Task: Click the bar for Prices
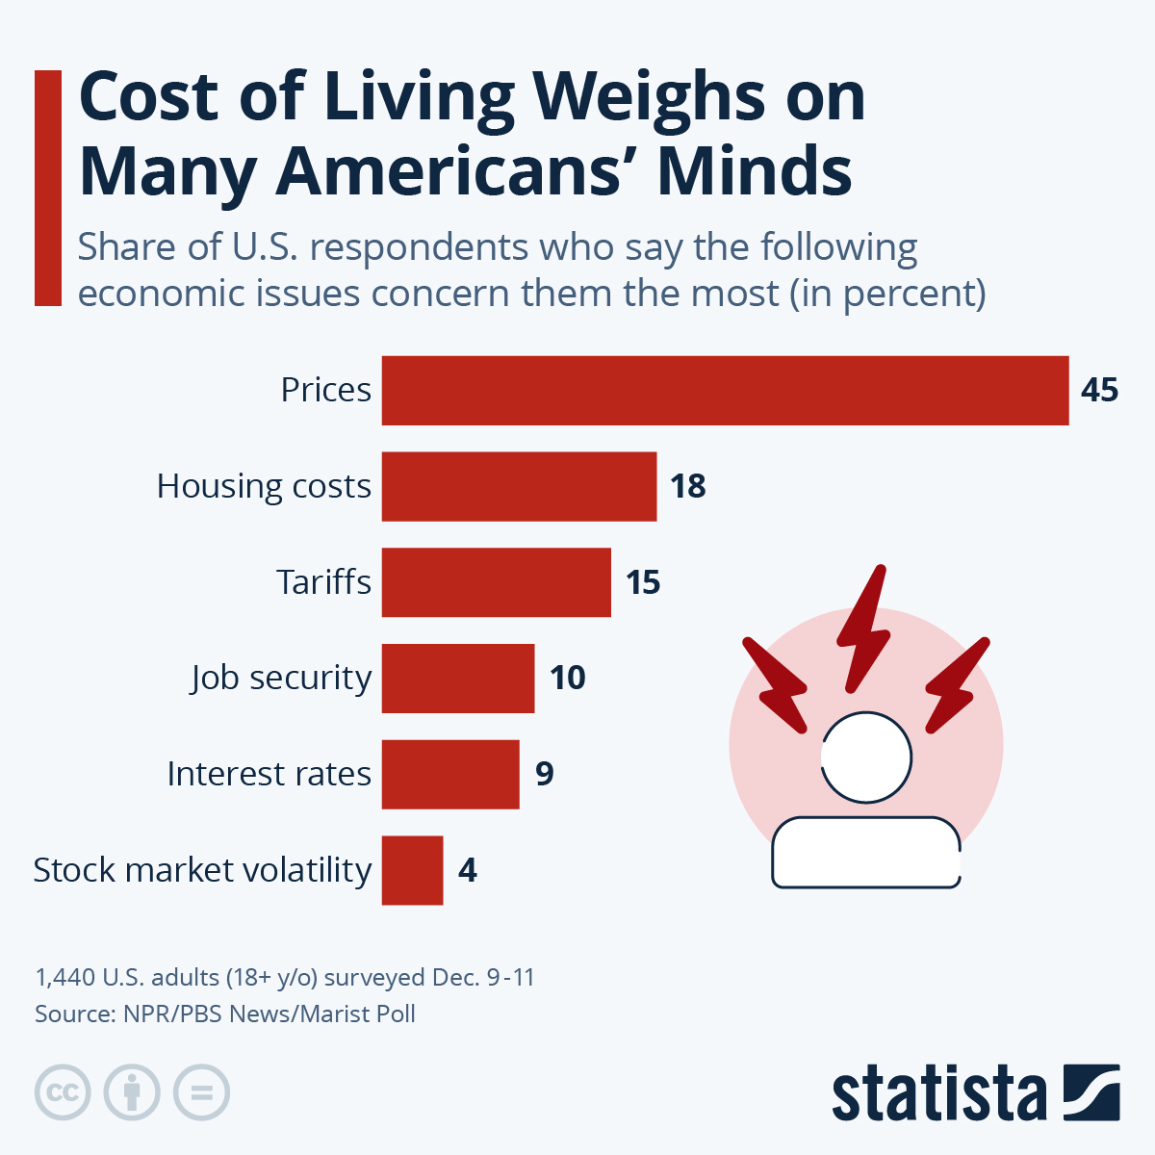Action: pos(725,390)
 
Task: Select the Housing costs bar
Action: pos(519,486)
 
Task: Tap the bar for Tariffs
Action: pos(496,582)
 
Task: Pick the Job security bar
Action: pos(457,678)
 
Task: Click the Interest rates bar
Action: pos(449,774)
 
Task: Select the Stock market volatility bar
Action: pos(412,870)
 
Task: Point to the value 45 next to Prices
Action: pos(1099,390)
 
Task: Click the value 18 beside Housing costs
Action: pos(688,486)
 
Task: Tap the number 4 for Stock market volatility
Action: pos(468,870)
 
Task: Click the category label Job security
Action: pos(280,678)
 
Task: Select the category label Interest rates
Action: pos(269,774)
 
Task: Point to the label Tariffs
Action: pos(323,582)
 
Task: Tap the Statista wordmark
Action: pos(938,1093)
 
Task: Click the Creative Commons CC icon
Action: pos(63,1092)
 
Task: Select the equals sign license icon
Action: pos(201,1092)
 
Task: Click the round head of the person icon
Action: pos(866,757)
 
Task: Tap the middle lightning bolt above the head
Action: pos(862,626)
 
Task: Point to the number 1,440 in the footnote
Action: pos(65,977)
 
